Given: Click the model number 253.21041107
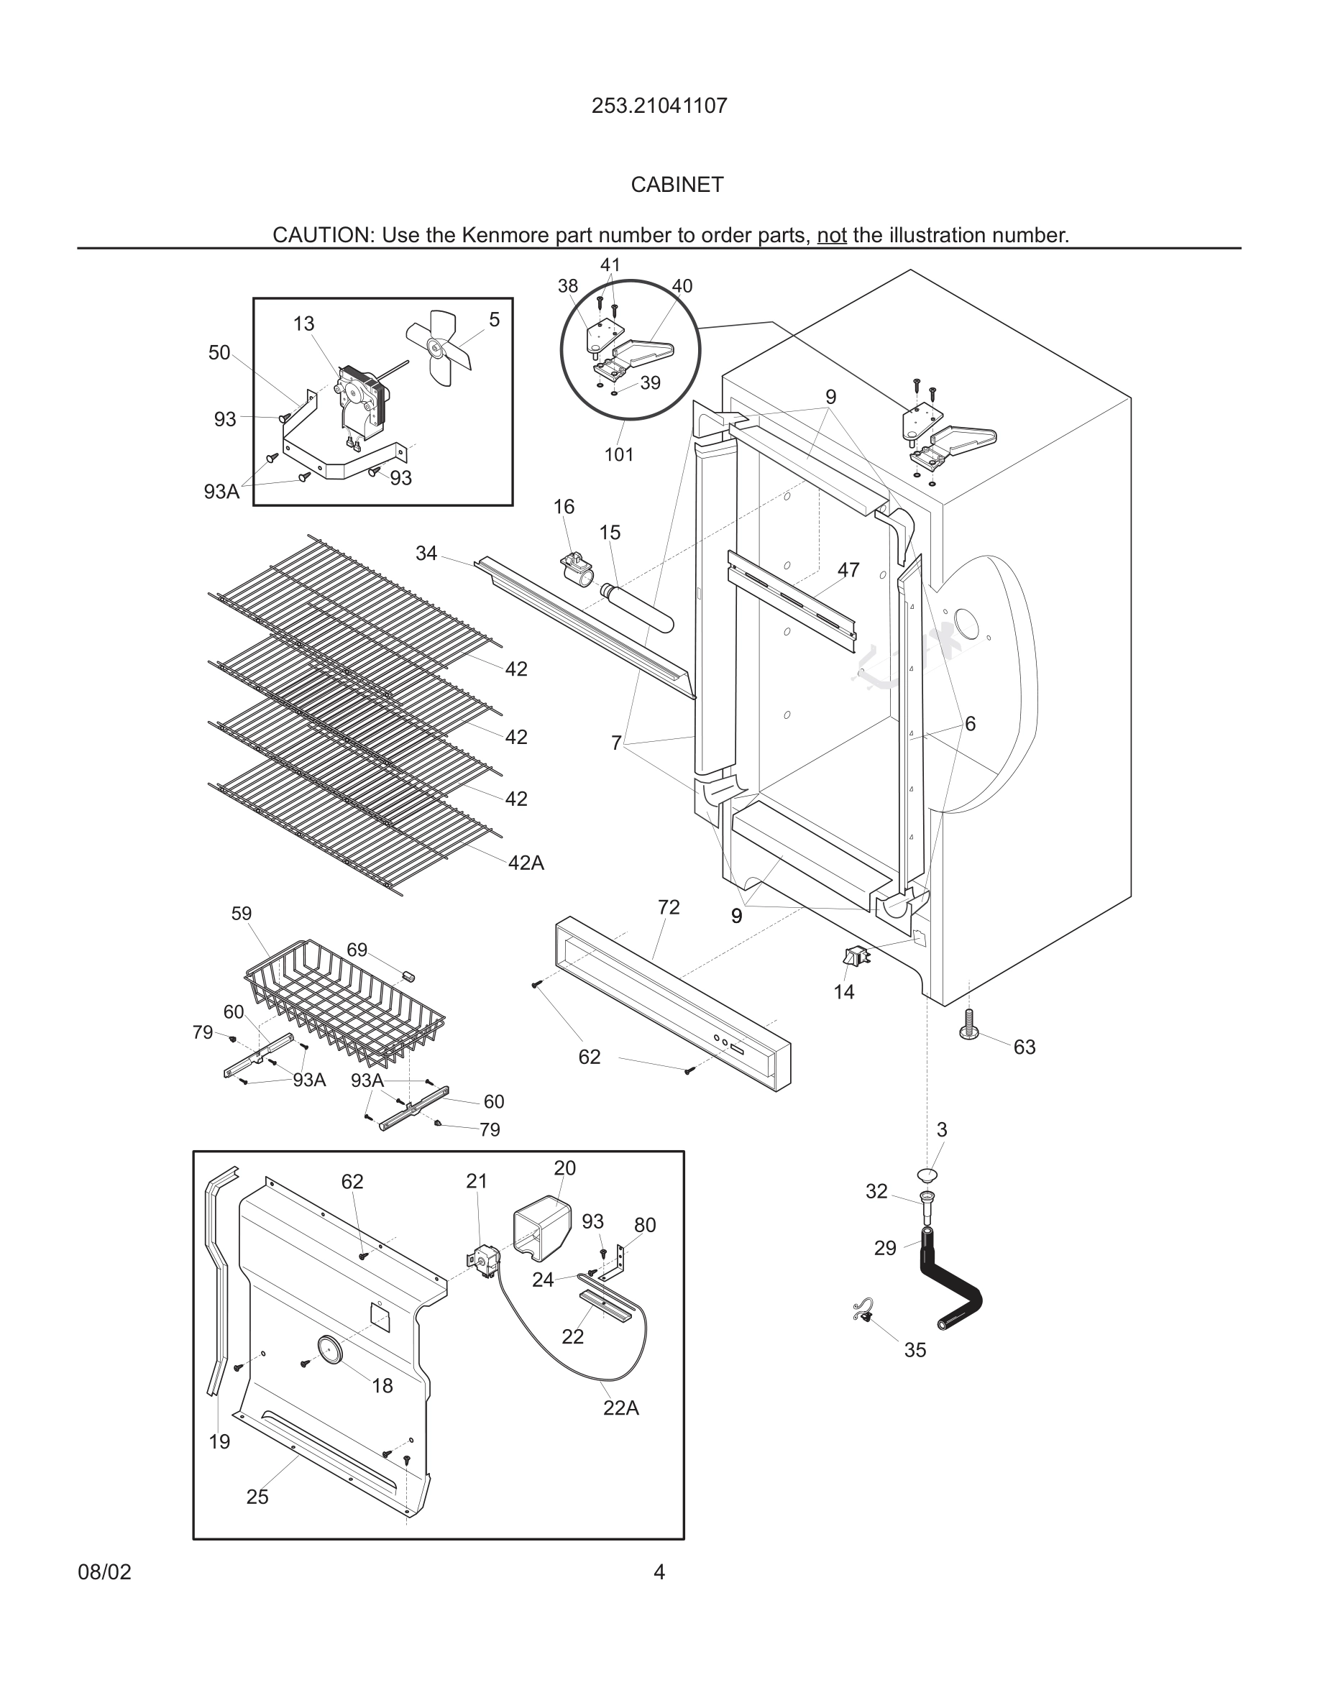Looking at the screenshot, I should point(659,106).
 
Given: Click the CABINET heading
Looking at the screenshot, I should point(677,185).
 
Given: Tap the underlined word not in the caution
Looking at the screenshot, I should point(831,235).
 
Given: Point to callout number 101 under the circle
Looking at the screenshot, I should point(618,454).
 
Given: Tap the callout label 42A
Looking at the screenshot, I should point(526,863).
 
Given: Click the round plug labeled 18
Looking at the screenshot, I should point(329,1351).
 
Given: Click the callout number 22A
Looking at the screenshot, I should point(621,1408).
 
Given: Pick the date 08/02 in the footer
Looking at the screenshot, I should point(104,1572).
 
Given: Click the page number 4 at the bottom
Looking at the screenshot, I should point(659,1572).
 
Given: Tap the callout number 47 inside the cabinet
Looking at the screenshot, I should point(848,570).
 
